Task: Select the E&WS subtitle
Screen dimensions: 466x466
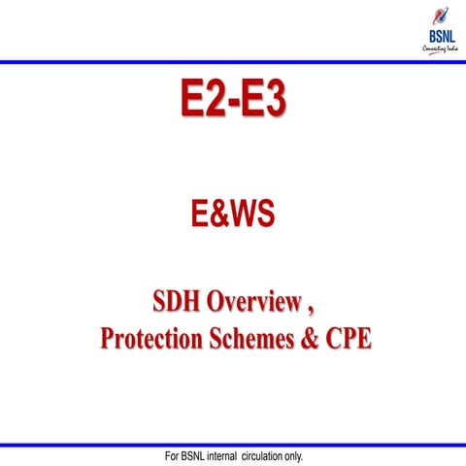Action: [232, 214]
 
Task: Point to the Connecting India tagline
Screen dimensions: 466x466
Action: [440, 50]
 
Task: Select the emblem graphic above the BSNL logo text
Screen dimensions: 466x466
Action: [440, 17]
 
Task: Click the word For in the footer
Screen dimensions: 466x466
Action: [174, 456]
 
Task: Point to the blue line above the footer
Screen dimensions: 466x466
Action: [233, 446]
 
